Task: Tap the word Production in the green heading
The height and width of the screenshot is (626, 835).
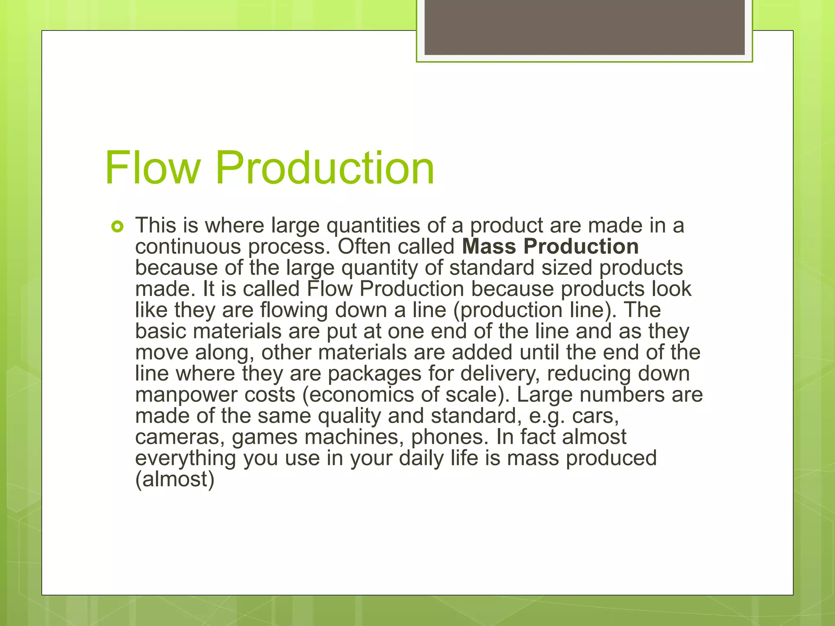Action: pyautogui.click(x=325, y=168)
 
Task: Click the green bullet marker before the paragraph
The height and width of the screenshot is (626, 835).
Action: pyautogui.click(x=117, y=227)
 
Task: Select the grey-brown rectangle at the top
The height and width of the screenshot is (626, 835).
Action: pyautogui.click(x=584, y=27)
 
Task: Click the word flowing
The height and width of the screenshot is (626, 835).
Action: pyautogui.click(x=294, y=311)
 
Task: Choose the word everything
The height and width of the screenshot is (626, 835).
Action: pyautogui.click(x=186, y=458)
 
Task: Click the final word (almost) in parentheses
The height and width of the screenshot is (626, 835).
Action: pyautogui.click(x=175, y=480)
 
